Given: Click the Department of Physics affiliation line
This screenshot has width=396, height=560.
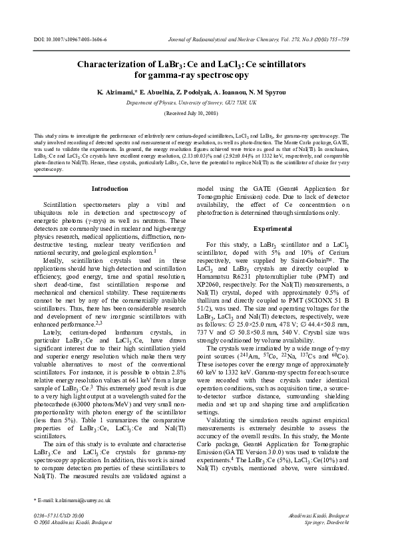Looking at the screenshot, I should click(198, 103).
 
